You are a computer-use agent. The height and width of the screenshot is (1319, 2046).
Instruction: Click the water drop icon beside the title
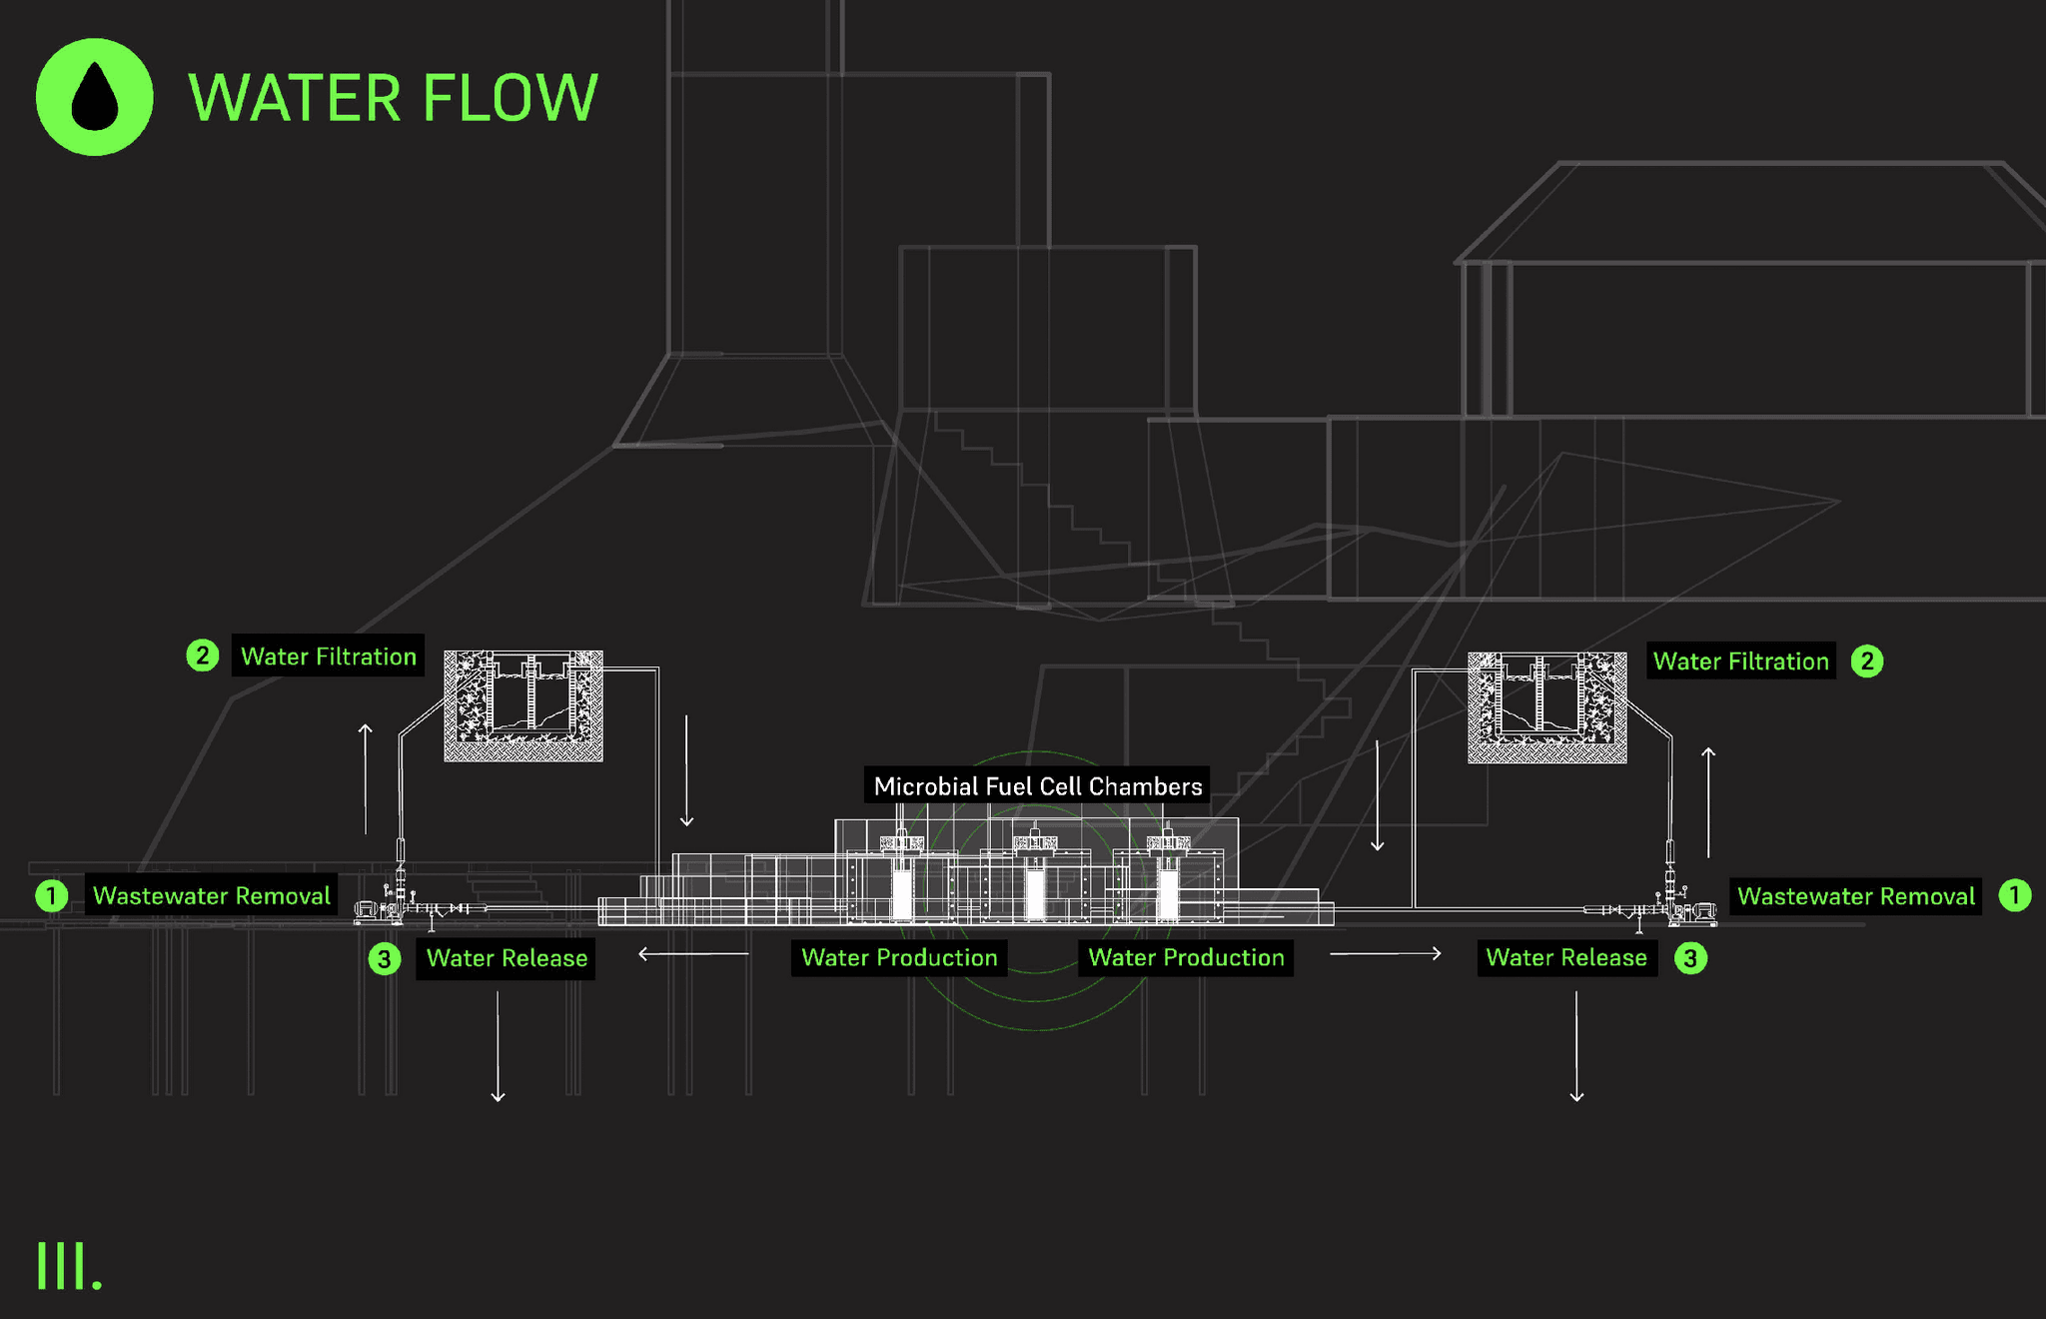click(x=95, y=97)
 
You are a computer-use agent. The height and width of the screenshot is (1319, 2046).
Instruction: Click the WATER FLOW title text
click(x=393, y=98)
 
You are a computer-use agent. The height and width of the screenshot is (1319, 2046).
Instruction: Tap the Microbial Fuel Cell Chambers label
click(x=1037, y=786)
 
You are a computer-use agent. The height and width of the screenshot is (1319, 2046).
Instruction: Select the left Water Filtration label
click(x=328, y=657)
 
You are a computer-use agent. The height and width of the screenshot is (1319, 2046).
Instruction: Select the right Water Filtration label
click(x=1740, y=661)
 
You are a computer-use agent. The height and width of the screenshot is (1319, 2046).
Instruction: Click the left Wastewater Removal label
click(x=211, y=895)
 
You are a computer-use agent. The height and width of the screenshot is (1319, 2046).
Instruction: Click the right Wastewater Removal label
click(x=1855, y=896)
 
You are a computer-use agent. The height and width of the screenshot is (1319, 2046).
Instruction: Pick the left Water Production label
click(x=899, y=957)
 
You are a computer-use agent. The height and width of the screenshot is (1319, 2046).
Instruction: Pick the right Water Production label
click(x=1186, y=957)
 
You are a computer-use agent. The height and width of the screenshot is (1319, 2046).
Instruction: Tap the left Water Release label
click(x=507, y=958)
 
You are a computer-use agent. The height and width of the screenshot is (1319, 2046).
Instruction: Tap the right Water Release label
click(x=1565, y=957)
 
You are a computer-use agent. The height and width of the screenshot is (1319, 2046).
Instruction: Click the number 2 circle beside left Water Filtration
click(x=203, y=657)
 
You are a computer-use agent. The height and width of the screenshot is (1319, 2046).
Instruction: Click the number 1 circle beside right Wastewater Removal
click(x=2014, y=895)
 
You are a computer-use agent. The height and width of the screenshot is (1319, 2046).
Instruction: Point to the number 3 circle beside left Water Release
click(x=385, y=959)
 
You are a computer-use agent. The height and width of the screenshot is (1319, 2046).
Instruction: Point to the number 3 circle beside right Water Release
click(x=1690, y=958)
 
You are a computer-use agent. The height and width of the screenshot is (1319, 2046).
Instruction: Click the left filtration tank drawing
click(x=523, y=705)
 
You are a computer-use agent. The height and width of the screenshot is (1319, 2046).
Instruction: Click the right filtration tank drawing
click(x=1546, y=707)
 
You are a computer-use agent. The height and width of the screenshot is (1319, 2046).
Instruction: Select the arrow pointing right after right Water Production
click(x=1386, y=954)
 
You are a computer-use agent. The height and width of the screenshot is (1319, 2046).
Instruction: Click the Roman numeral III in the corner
click(x=68, y=1267)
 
